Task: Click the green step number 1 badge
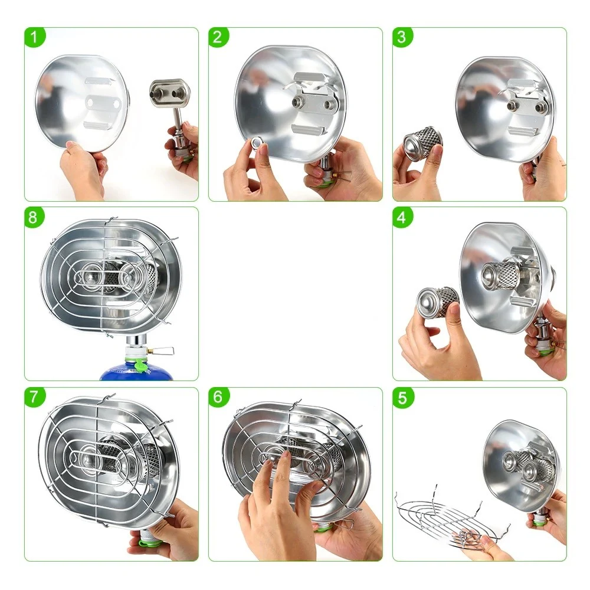(x=35, y=38)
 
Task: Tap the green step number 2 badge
(x=219, y=38)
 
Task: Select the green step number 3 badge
(x=402, y=38)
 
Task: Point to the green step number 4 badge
(x=402, y=218)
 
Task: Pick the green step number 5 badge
(x=402, y=398)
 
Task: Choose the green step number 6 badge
(x=219, y=398)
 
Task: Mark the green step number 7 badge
(x=35, y=398)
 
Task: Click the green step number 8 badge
(x=35, y=218)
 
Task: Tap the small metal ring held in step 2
(x=257, y=142)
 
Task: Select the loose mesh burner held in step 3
(x=422, y=141)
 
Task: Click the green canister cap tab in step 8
(x=139, y=365)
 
